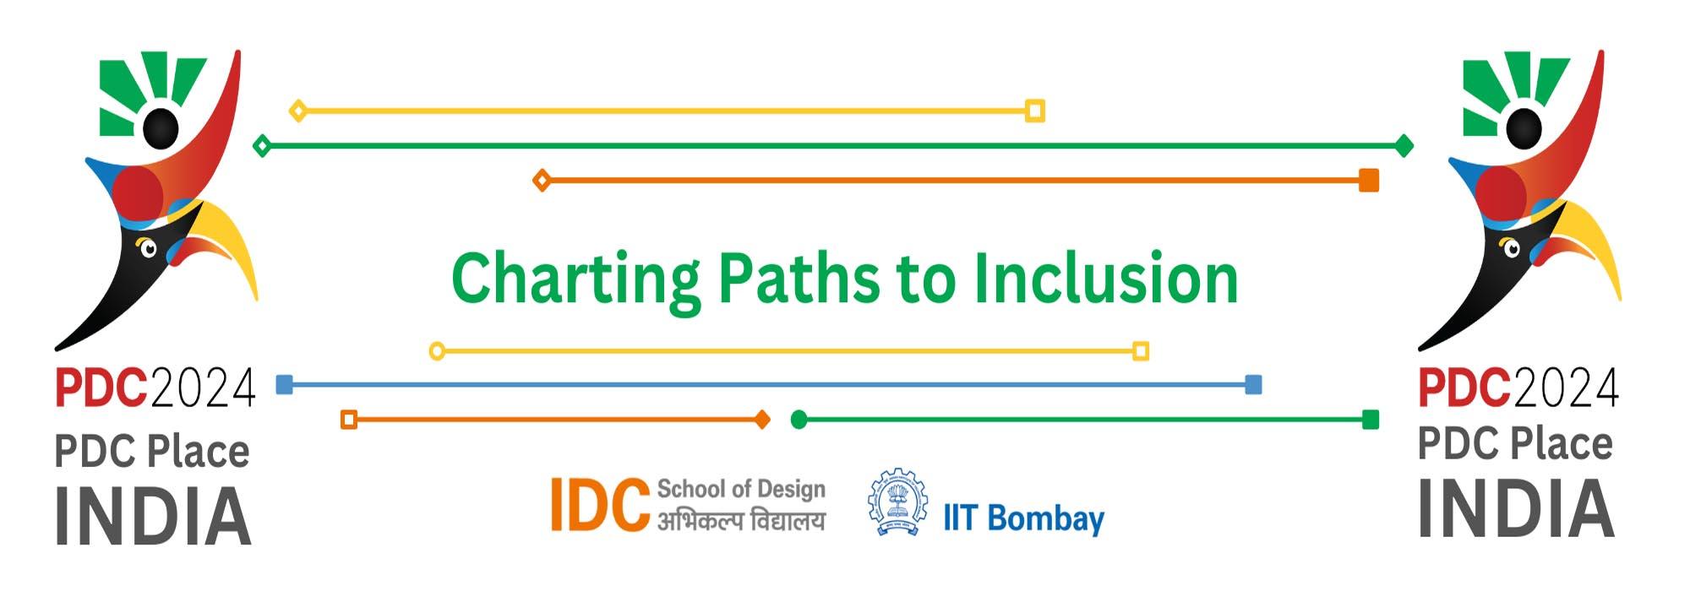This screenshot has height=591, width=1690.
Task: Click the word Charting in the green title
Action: coord(575,279)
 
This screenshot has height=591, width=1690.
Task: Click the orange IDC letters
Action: coord(600,505)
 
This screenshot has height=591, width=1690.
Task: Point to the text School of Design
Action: coord(741,489)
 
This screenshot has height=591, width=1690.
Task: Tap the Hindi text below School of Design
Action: coord(741,521)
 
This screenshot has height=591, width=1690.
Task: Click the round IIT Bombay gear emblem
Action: coord(897,502)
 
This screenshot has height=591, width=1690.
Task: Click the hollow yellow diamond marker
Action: coord(297,111)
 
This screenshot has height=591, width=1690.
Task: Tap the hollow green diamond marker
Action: coord(263,146)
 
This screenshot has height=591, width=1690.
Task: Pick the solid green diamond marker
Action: coord(1404,146)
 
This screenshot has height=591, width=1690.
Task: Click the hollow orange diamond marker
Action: coord(542,180)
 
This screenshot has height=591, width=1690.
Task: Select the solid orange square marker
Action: coord(1369,180)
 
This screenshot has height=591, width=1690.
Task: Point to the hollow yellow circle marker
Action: coord(437,350)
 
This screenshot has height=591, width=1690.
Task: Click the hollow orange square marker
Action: coord(349,420)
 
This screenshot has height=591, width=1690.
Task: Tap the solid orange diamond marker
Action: coord(762,420)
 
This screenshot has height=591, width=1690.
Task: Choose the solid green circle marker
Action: coord(799,420)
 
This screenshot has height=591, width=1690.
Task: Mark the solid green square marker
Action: coord(1371,420)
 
